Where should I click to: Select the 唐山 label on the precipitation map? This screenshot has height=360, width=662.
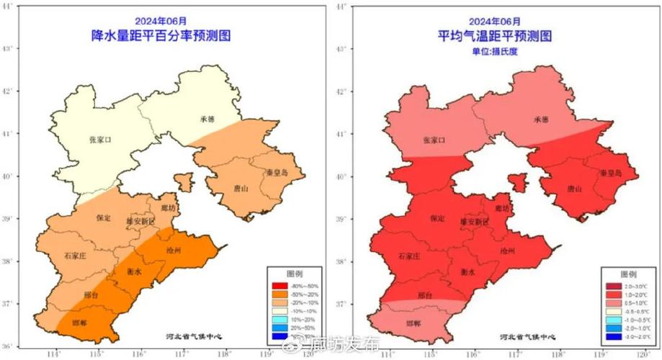[240, 189]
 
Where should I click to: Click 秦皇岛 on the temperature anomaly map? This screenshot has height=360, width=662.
[613, 174]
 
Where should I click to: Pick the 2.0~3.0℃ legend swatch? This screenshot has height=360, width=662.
[612, 287]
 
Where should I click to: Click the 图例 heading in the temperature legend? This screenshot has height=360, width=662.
[627, 275]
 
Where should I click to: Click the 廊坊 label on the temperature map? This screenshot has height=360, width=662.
[501, 208]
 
